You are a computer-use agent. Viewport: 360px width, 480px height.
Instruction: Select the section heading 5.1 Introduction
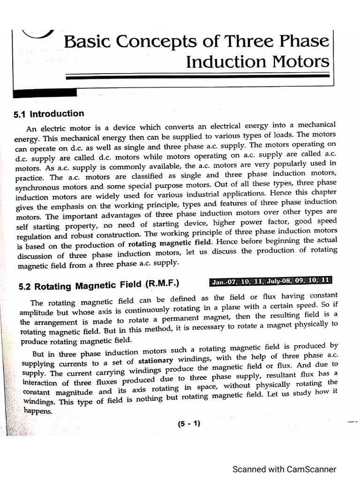[x=49, y=114]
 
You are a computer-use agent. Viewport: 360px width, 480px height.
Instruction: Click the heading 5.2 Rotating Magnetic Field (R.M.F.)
[x=99, y=284]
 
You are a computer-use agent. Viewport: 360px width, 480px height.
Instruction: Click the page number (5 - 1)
[x=189, y=423]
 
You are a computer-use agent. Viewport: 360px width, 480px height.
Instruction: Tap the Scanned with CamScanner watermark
[x=285, y=469]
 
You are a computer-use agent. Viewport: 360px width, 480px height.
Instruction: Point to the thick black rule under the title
[x=197, y=77]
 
